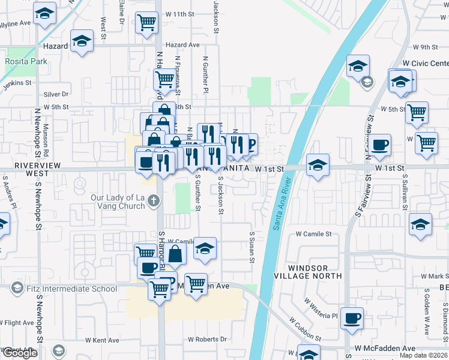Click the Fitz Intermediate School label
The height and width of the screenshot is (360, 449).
pos(71,289)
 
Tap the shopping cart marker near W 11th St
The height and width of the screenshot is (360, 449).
pos(146,23)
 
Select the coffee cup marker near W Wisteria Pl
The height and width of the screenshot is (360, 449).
pos(352,318)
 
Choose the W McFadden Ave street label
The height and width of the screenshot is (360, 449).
pos(384,349)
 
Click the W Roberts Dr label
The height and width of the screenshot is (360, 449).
pos(207,339)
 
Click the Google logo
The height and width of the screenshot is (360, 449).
pos(19,353)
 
